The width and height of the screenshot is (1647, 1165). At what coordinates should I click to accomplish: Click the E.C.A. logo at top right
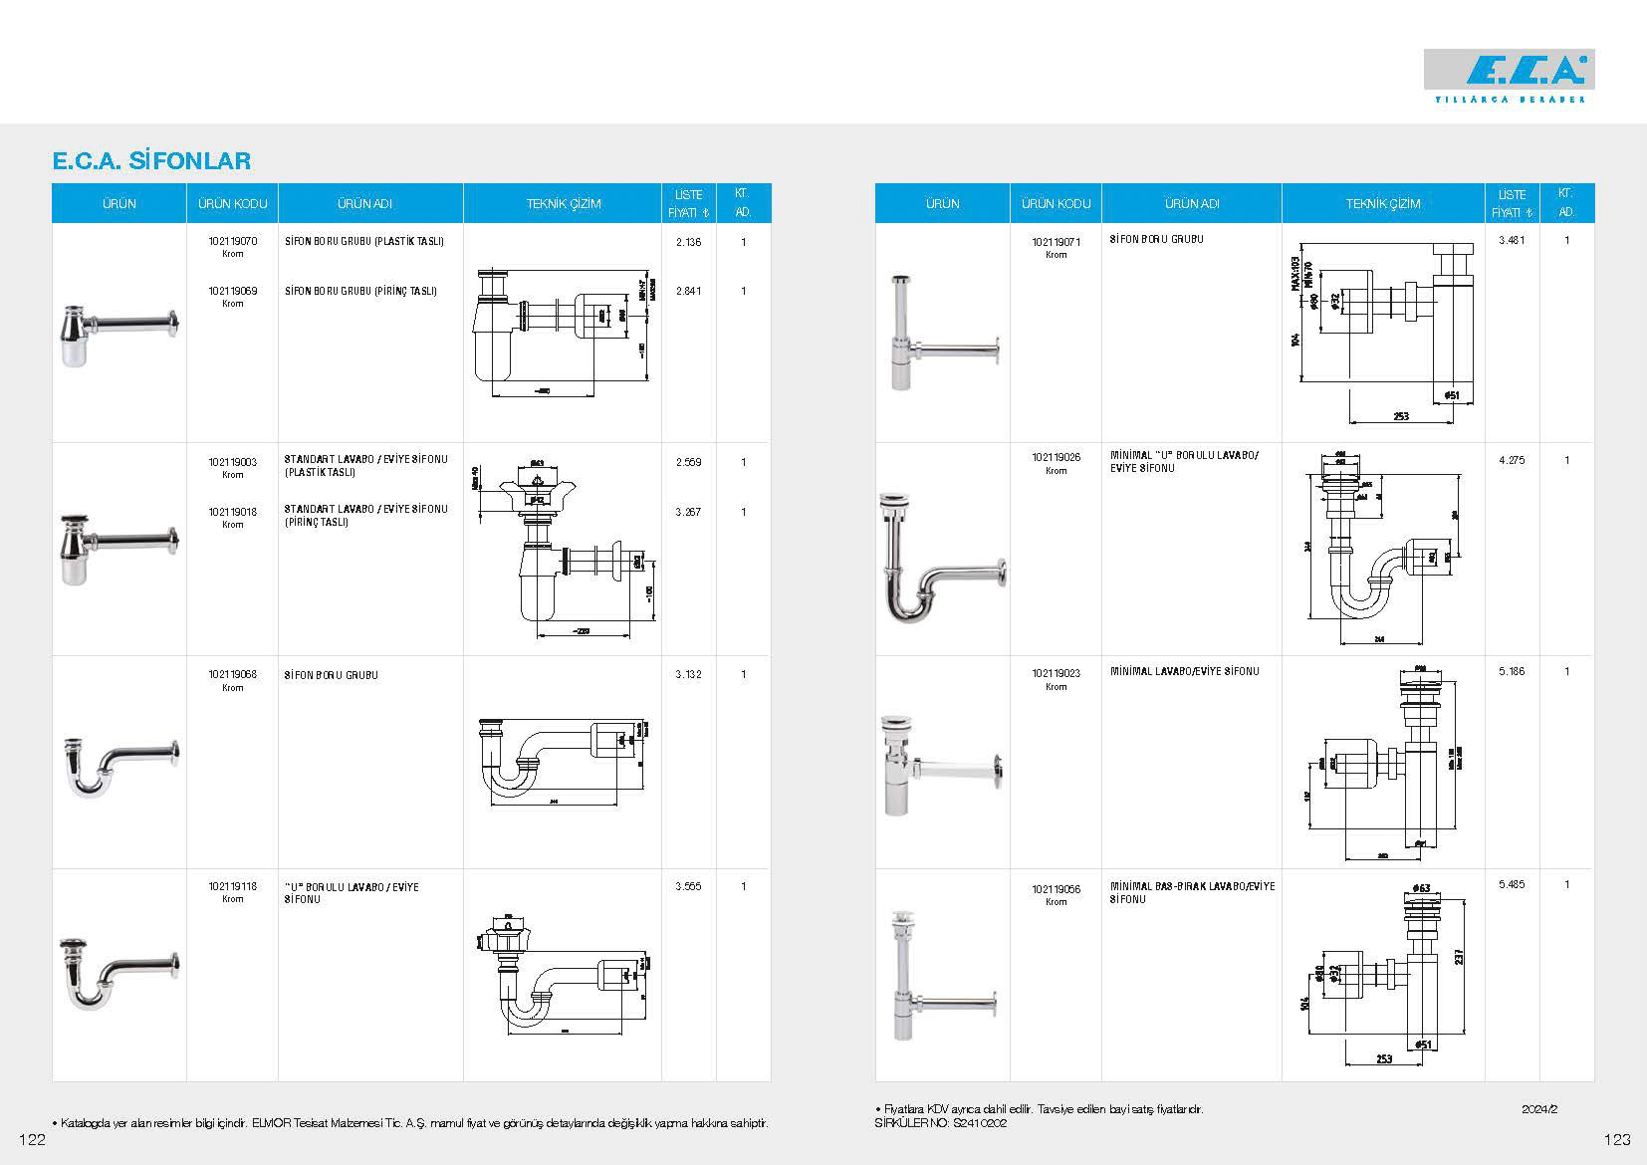click(1509, 71)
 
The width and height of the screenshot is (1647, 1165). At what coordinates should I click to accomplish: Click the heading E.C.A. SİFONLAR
click(151, 160)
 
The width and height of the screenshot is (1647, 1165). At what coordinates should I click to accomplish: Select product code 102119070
click(233, 241)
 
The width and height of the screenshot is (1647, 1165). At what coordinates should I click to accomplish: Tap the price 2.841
click(688, 291)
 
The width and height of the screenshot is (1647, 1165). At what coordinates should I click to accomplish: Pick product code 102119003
click(233, 462)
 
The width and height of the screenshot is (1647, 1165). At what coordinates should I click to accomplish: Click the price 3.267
click(688, 512)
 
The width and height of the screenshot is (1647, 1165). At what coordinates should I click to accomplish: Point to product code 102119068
click(233, 674)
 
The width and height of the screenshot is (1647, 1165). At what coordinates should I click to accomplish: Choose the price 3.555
click(688, 886)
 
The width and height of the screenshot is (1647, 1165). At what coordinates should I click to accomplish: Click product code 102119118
click(233, 886)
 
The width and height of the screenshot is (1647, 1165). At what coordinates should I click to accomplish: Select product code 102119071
click(1056, 242)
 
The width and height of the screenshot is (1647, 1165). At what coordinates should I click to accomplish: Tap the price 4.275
click(1512, 460)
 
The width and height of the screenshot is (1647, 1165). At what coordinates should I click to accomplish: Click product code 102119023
click(1056, 673)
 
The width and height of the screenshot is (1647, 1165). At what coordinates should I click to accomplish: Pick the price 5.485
click(1512, 884)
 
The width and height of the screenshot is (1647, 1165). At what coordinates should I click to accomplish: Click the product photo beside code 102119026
click(943, 558)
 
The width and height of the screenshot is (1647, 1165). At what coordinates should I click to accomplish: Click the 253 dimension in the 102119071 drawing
click(1401, 416)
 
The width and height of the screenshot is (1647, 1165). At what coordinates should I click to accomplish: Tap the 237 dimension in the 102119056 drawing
click(1459, 955)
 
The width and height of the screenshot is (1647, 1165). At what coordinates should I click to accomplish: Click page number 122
click(32, 1140)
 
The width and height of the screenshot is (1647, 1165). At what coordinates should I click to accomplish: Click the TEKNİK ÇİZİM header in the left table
click(564, 203)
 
